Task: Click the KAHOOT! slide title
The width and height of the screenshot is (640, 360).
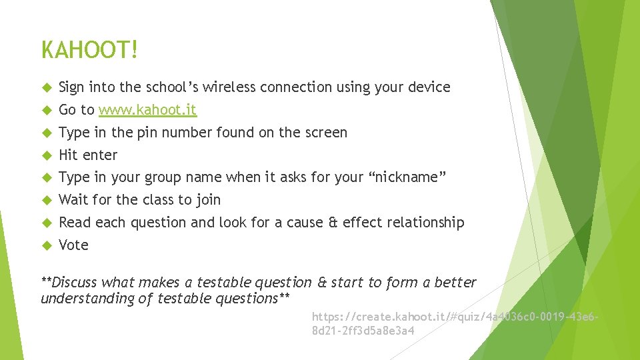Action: click(x=90, y=50)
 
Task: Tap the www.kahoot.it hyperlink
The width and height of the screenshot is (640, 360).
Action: click(x=148, y=110)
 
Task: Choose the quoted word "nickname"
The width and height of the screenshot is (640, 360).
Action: click(x=407, y=177)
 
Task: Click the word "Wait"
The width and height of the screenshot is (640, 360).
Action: click(x=73, y=200)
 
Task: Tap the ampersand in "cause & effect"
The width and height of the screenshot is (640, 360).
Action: click(x=333, y=223)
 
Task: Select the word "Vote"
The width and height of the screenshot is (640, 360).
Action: click(x=73, y=245)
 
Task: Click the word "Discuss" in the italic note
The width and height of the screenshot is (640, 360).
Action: click(x=74, y=283)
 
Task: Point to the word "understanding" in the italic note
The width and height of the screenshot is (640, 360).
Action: click(x=87, y=299)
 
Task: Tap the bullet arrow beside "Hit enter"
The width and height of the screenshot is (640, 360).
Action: click(x=46, y=155)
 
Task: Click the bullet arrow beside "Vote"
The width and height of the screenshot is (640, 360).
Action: click(x=46, y=245)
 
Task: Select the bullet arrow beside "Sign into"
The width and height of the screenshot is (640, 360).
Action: click(x=46, y=87)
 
